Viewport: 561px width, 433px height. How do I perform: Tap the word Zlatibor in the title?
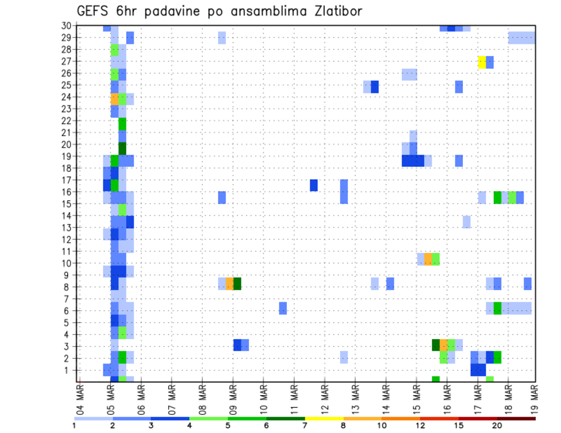coord(334,11)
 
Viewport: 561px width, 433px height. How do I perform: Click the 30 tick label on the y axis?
coord(65,26)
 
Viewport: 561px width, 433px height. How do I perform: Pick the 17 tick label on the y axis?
coord(65,180)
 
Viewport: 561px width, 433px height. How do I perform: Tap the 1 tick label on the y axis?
coord(68,370)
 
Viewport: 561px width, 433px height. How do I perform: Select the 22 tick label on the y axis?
coord(65,120)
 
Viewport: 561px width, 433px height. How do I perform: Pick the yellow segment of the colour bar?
coord(324,418)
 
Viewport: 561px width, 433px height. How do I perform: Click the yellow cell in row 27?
coord(482,62)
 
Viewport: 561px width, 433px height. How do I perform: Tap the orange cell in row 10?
coord(428,259)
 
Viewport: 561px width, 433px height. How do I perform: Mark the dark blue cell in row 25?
coord(375,86)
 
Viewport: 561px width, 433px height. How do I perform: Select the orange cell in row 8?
coord(230,284)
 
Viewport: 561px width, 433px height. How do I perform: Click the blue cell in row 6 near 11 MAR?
coord(283,308)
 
